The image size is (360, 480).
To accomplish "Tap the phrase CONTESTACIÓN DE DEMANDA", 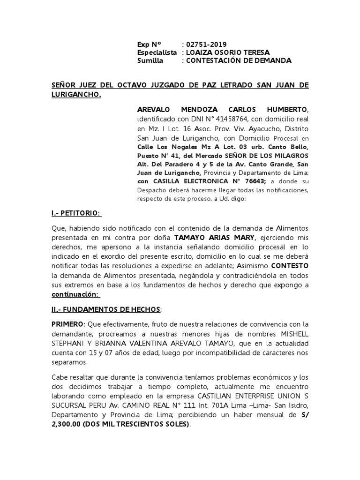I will point(239,61).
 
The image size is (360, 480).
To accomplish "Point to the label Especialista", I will point(157,52).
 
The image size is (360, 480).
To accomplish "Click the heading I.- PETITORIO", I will point(75,213).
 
